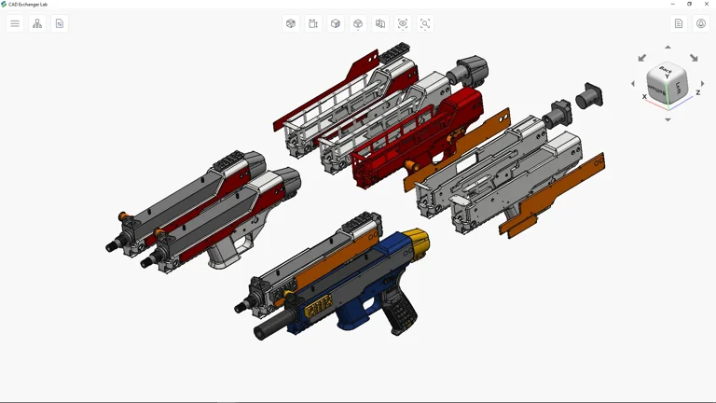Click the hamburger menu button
click(x=15, y=23)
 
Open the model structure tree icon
click(x=37, y=23)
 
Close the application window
click(x=706, y=4)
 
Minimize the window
click(x=673, y=4)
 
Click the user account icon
click(x=701, y=23)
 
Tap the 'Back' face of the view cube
click(x=666, y=71)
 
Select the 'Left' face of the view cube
click(x=680, y=88)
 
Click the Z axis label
click(x=698, y=93)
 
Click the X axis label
click(x=644, y=97)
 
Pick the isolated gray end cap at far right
click(x=589, y=96)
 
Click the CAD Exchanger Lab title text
click(x=28, y=4)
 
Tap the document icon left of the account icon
click(x=679, y=23)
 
